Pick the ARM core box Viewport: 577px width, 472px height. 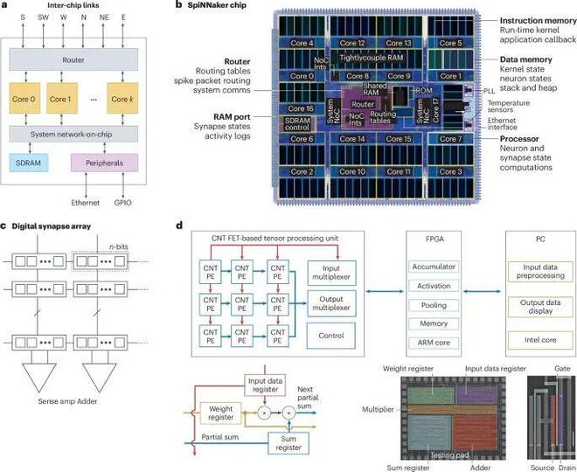435,343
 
